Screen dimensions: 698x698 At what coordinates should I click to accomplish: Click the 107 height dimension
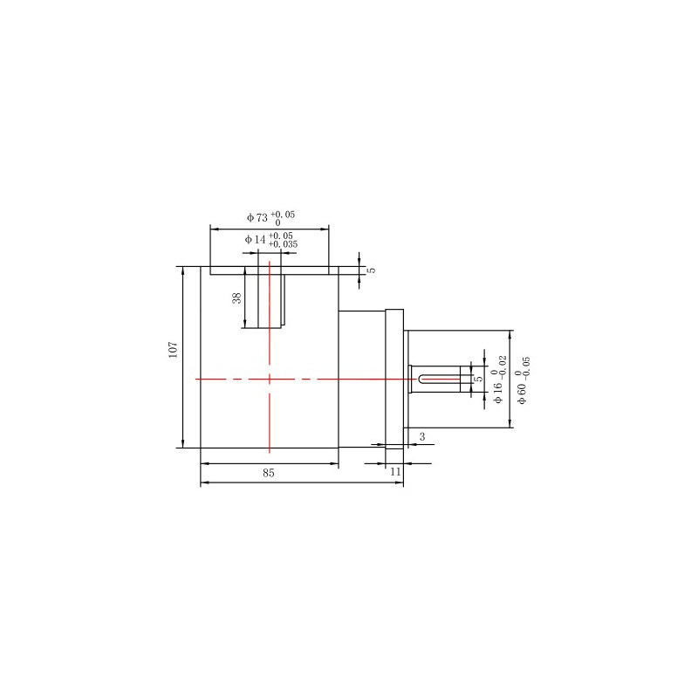(x=174, y=350)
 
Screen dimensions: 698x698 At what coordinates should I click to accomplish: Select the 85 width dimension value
(x=269, y=473)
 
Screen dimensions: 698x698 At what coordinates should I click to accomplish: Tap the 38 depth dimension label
(x=236, y=298)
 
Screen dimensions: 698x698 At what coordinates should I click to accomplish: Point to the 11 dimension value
(x=396, y=471)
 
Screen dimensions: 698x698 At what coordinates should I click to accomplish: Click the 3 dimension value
(x=422, y=437)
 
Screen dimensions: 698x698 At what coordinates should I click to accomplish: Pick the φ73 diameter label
(x=257, y=217)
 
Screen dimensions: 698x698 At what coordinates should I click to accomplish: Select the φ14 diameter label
(x=255, y=239)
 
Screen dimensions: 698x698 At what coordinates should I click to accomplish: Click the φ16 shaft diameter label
(x=498, y=391)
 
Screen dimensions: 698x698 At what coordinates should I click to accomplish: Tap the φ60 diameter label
(x=522, y=392)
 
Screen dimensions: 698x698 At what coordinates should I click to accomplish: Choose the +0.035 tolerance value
(x=283, y=244)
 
